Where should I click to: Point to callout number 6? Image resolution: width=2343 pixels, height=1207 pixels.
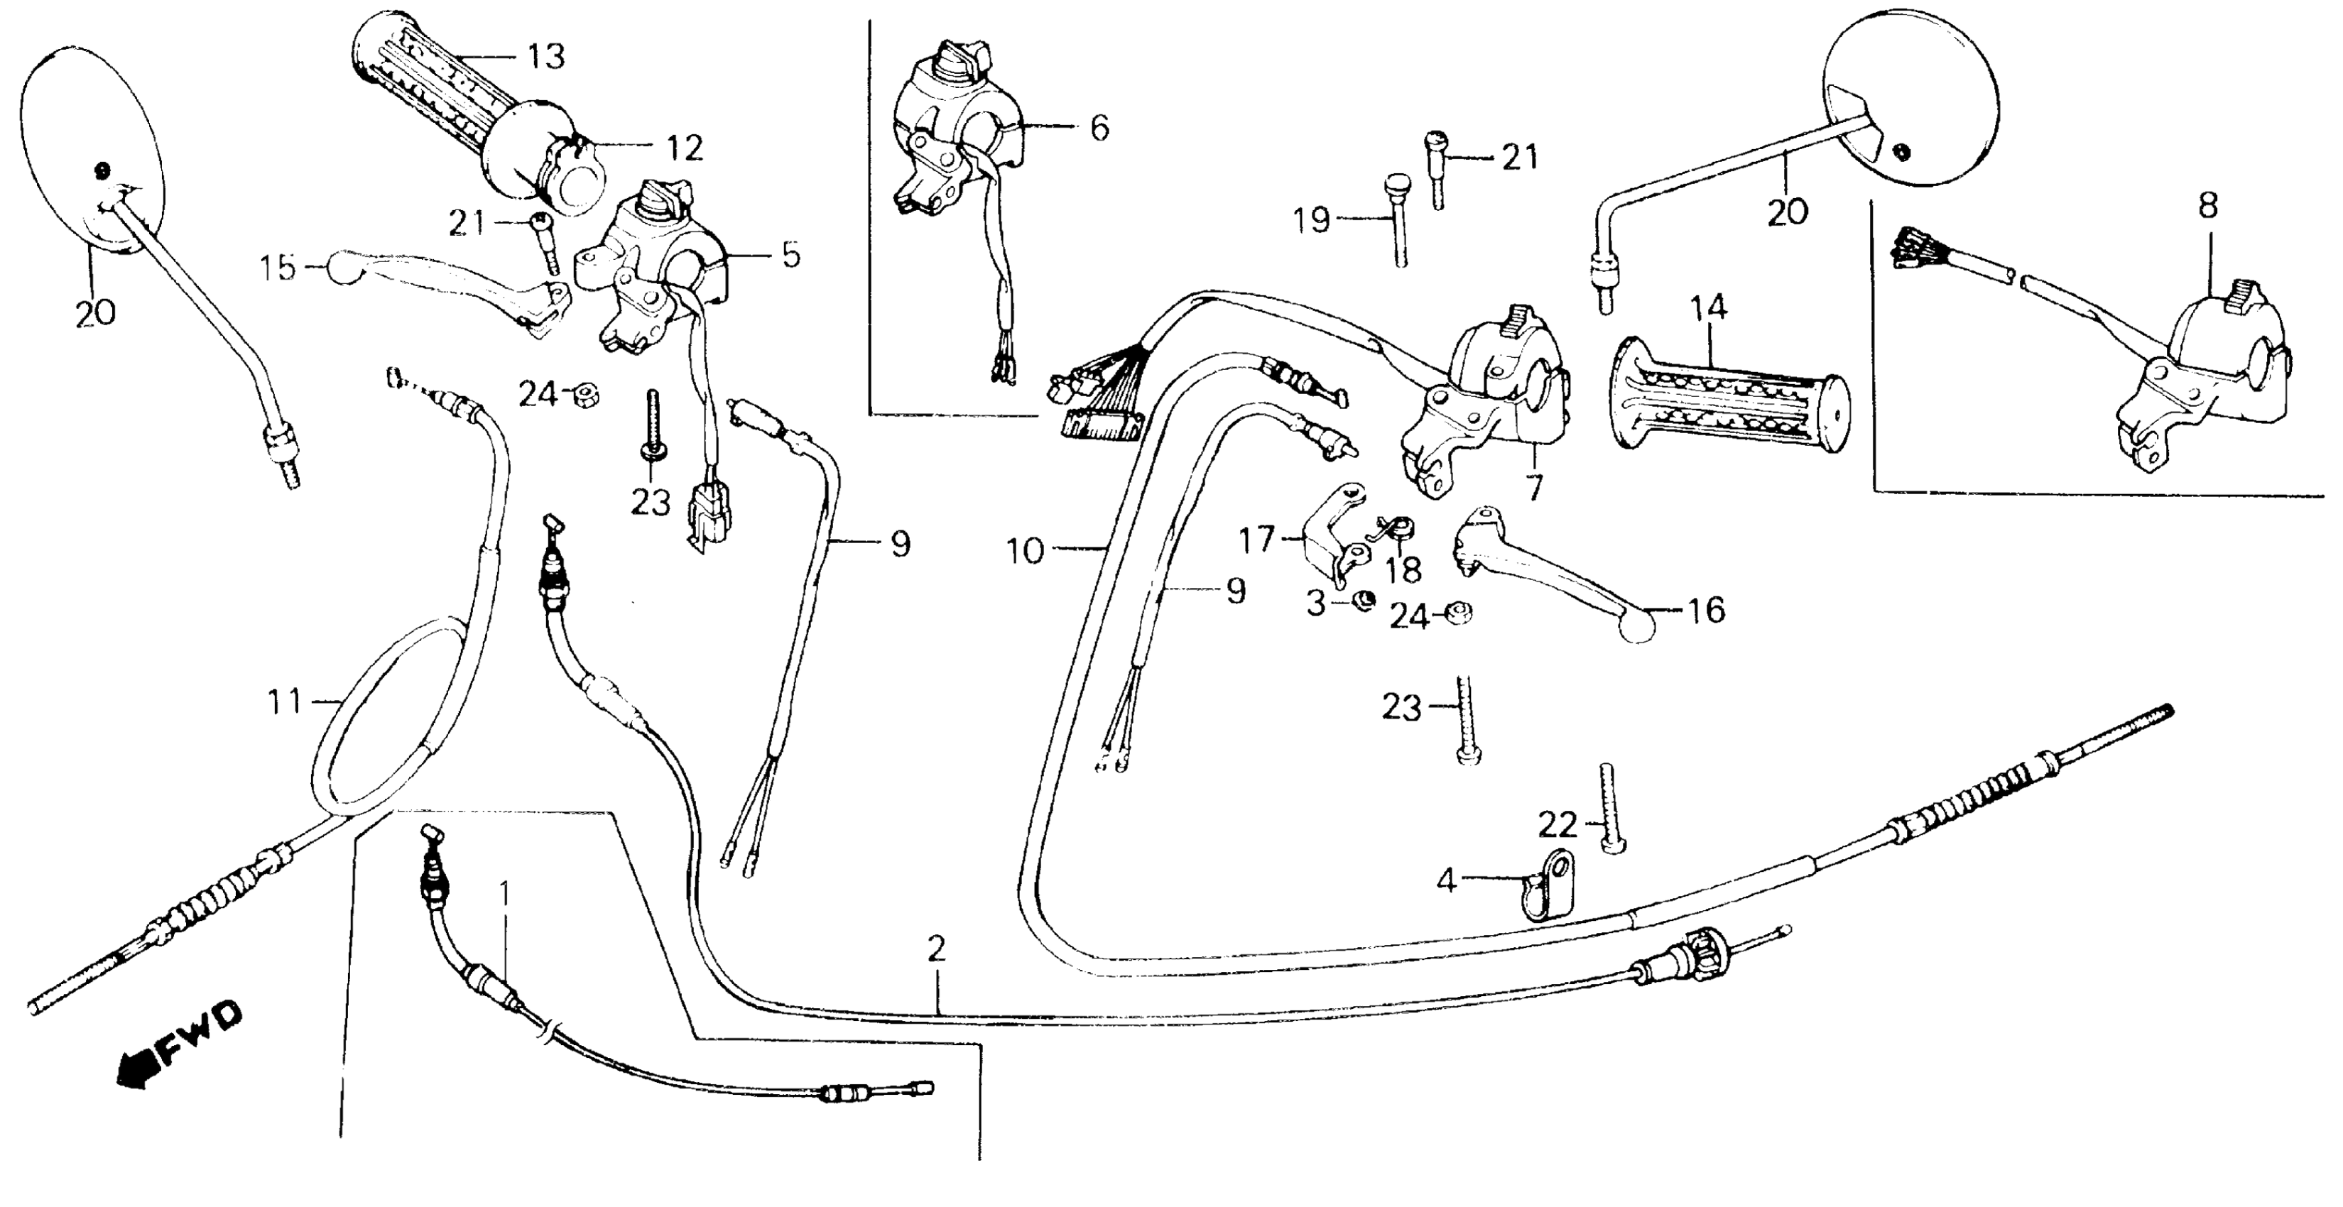pos(1099,129)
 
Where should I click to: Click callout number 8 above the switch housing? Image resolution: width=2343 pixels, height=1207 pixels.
pos(2207,207)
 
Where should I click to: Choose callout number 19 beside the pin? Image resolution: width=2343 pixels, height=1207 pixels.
pos(1312,220)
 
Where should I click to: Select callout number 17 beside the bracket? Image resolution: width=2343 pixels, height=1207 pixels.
pos(1257,540)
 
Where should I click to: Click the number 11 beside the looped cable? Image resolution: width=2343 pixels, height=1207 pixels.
pos(284,701)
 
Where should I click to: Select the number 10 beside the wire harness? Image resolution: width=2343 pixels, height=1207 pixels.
pos(1026,550)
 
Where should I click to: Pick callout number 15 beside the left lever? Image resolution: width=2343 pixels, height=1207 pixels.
pos(278,268)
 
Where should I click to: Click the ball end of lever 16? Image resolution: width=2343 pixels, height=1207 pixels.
pos(1636,628)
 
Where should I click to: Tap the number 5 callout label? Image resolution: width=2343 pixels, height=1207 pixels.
pos(791,256)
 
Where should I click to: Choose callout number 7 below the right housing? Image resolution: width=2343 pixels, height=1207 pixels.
pos(1533,488)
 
